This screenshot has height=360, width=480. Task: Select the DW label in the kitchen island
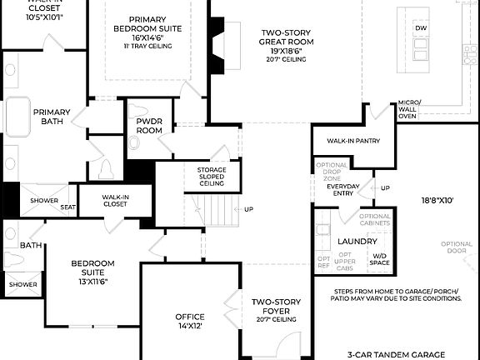421,27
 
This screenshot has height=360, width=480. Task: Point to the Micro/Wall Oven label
408,108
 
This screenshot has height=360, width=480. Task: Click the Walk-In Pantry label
352,141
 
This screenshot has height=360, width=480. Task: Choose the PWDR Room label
149,126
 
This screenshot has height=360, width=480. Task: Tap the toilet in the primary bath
106,171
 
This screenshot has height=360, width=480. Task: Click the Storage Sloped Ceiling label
212,177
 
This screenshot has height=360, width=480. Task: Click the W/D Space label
380,259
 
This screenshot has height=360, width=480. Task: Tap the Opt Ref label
323,262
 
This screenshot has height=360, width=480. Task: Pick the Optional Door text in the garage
457,247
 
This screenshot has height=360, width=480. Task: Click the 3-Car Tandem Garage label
397,353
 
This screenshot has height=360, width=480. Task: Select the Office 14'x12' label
189,321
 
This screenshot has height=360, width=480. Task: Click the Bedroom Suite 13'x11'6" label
92,272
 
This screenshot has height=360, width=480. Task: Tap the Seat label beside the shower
67,207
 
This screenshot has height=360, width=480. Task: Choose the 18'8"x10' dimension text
437,201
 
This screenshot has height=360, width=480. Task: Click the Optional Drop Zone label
332,171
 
